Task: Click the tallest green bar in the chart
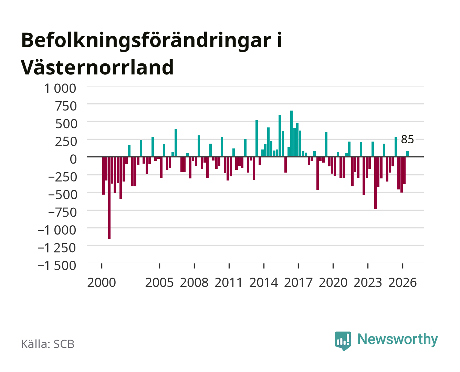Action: (291, 133)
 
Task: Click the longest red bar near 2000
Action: (109, 197)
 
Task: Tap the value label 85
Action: (407, 139)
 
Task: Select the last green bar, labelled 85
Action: (407, 154)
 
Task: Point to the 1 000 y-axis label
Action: (60, 89)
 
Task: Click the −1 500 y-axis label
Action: (57, 266)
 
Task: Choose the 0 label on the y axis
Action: (73, 159)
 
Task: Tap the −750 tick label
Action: (62, 213)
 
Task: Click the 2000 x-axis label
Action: (102, 282)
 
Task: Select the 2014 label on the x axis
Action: (264, 282)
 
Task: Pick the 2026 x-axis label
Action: (402, 282)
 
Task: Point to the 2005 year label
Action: (159, 282)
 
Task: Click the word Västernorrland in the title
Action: (97, 67)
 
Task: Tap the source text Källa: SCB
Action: (48, 344)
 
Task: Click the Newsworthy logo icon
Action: (343, 341)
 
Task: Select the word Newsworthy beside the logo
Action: (398, 339)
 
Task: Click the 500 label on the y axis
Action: (66, 124)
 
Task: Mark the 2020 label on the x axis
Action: (333, 282)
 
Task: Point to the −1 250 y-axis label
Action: (57, 248)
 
